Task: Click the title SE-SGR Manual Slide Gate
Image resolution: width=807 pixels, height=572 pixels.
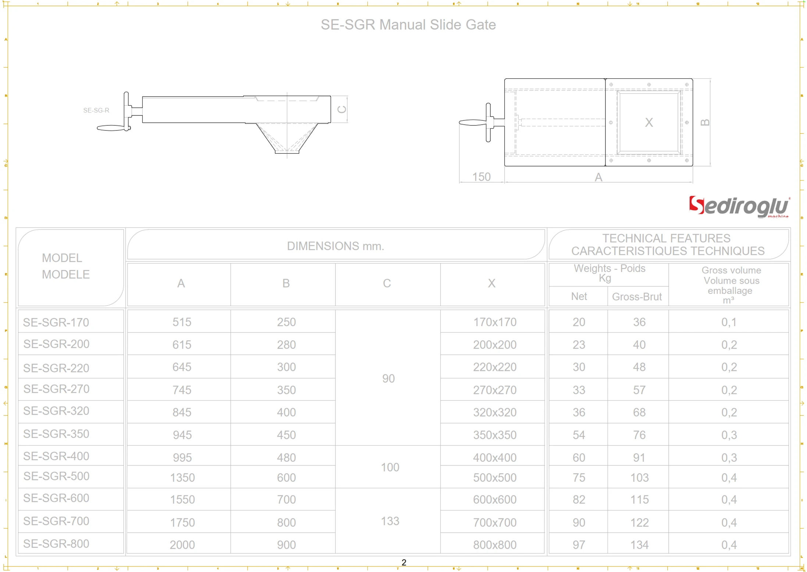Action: [408, 25]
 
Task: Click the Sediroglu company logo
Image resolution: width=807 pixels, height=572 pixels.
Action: [739, 206]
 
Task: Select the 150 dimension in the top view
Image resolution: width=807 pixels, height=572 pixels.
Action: [481, 177]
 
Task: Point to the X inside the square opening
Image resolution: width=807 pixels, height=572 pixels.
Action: [648, 122]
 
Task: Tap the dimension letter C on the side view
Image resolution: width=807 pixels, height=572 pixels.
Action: [342, 109]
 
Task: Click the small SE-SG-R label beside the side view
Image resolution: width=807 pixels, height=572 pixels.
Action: [96, 110]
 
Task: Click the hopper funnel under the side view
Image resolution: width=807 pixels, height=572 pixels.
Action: [287, 137]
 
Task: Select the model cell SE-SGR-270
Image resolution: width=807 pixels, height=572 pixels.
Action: [56, 389]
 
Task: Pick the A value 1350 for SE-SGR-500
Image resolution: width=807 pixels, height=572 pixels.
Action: [182, 478]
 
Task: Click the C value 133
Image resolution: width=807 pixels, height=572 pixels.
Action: [390, 521]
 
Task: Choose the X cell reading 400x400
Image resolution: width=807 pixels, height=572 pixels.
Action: [494, 457]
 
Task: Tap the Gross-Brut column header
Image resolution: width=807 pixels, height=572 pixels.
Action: [637, 297]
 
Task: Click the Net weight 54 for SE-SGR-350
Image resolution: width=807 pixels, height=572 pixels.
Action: [579, 435]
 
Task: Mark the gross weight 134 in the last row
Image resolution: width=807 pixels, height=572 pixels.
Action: [639, 544]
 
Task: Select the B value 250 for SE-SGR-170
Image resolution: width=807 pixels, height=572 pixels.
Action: [286, 322]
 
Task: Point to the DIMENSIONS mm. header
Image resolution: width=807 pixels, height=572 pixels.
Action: [335, 246]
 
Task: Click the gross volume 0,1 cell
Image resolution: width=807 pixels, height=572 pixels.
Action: [729, 322]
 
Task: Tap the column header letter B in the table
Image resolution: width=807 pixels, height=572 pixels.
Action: [286, 283]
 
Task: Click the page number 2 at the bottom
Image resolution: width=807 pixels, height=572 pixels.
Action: [404, 562]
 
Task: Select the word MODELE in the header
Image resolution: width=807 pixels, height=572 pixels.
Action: [65, 274]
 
